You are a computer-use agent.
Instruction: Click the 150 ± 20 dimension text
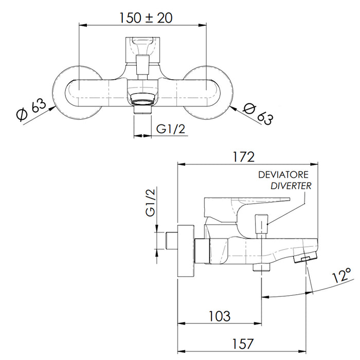pos(146,18)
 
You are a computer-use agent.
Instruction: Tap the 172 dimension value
pos(244,157)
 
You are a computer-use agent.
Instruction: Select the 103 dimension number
pos(219,316)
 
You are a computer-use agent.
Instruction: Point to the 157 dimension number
pos(243,344)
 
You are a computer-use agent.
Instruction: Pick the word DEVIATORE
pos(283,175)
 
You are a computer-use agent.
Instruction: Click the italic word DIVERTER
pos(291,186)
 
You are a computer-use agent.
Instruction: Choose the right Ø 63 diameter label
pos(258,114)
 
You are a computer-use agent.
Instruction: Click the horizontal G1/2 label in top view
pos(170,129)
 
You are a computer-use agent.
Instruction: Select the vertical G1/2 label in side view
pos(151,202)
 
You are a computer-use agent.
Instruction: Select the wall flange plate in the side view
pos(186,251)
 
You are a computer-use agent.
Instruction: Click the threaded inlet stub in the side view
pos(171,241)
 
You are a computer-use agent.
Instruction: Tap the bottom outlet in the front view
pos(142,109)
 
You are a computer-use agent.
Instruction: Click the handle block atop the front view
pos(142,49)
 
